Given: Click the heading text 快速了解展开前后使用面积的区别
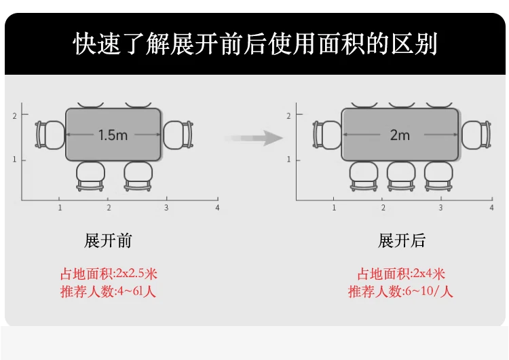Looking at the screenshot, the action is tap(254, 43).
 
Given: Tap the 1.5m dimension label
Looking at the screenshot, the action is tap(113, 134).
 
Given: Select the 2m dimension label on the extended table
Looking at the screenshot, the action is tap(400, 134).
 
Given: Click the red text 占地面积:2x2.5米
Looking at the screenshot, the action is tap(109, 274).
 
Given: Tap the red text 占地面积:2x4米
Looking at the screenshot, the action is tap(401, 274).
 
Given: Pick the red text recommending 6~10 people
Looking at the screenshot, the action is tap(401, 292).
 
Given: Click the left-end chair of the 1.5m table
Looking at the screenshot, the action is tap(50, 134).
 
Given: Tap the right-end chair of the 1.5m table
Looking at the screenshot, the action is tap(178, 134).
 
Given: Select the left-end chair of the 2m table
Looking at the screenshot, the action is tap(326, 134).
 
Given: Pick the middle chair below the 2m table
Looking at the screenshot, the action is tap(401, 176).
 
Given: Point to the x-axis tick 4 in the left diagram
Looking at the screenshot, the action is tap(217, 206).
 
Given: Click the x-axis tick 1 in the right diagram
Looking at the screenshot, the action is tap(334, 207).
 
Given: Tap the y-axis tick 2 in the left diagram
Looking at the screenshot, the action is tap(14, 116).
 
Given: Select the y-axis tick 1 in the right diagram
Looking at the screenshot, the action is tap(289, 160).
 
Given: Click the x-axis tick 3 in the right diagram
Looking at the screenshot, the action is tap(440, 207).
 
